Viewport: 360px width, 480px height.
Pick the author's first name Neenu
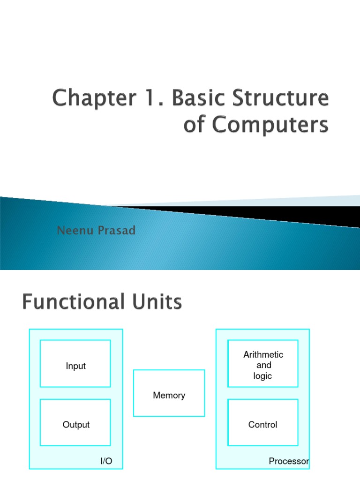pos(74,231)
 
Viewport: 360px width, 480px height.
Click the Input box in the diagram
pos(75,363)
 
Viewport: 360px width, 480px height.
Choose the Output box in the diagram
pos(75,422)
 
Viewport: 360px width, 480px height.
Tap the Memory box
pos(169,393)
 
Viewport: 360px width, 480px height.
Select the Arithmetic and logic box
pos(262,363)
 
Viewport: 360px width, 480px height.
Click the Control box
pos(262,422)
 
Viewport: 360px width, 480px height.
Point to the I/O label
pos(106,461)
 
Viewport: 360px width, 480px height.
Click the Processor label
pos(289,461)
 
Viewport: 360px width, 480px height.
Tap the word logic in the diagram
pos(262,376)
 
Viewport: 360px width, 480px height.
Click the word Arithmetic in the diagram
pos(263,355)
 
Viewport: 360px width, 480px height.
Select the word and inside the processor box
pos(264,365)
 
